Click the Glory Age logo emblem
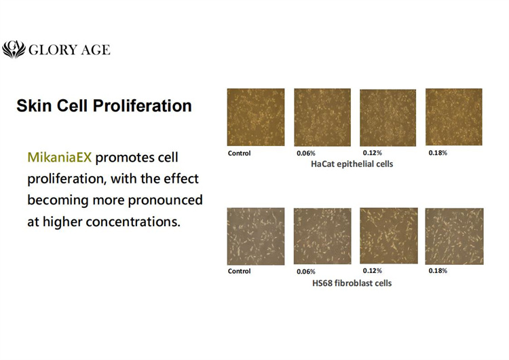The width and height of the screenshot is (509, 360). (x=14, y=50)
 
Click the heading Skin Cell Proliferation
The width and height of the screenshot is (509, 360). (x=104, y=106)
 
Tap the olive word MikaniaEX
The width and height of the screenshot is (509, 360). (x=60, y=158)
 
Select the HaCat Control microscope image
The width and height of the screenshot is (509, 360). (x=255, y=117)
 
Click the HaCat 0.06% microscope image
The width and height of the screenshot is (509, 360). (x=322, y=117)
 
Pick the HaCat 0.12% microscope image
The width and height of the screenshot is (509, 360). (x=387, y=117)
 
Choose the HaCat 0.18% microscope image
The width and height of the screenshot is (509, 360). (x=453, y=117)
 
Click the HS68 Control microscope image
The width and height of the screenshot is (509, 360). (x=255, y=236)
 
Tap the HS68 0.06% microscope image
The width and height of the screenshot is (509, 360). (x=322, y=236)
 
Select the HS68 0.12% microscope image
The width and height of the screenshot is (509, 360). (x=388, y=236)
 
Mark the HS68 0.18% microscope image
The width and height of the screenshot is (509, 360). (x=454, y=236)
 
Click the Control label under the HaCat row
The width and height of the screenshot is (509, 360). (x=239, y=154)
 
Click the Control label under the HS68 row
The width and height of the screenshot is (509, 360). (x=239, y=271)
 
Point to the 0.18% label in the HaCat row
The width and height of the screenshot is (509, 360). (x=438, y=153)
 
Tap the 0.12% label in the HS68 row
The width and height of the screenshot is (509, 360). (x=372, y=271)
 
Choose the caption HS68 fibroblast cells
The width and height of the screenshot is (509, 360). (x=351, y=283)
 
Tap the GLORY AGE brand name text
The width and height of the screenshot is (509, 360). (x=68, y=50)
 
